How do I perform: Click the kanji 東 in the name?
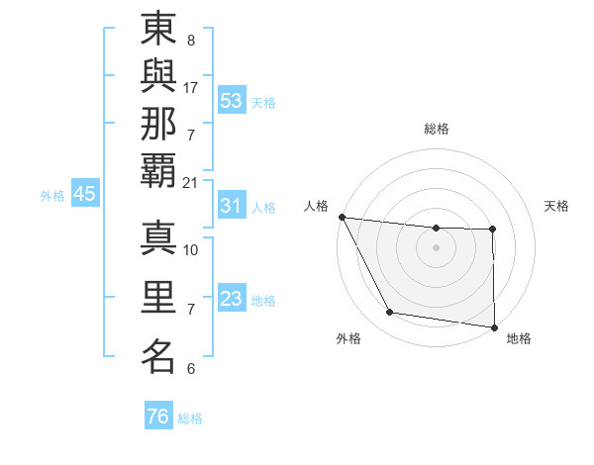[159, 32]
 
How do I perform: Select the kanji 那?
[159, 129]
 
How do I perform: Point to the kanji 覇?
[159, 176]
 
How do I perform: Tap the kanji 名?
[159, 355]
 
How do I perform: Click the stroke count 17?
[191, 87]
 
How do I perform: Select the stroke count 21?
[191, 182]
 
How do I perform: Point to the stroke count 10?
[191, 249]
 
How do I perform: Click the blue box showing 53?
[232, 100]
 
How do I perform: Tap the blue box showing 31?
[232, 206]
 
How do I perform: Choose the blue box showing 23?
[232, 298]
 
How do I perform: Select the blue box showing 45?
[84, 194]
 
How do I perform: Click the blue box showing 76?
[157, 417]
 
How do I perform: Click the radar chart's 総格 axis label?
[437, 129]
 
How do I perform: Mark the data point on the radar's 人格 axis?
[342, 217]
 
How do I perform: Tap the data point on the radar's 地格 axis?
[494, 326]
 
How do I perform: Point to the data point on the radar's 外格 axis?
[390, 313]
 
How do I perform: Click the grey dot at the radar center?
[437, 247]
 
